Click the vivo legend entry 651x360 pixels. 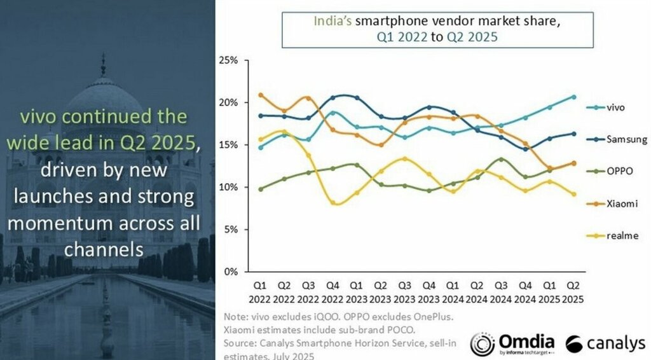pos(616,107)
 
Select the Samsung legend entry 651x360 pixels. pos(626,139)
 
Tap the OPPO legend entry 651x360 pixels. pos(620,171)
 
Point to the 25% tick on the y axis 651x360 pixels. pos(228,60)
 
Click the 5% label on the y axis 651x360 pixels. pos(230,229)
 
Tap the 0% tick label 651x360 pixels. pos(230,272)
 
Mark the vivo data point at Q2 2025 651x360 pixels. pos(573,97)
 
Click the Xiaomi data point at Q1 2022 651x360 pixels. pos(261,95)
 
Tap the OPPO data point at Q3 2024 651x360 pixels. pos(501,159)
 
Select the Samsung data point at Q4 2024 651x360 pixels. pos(525,149)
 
